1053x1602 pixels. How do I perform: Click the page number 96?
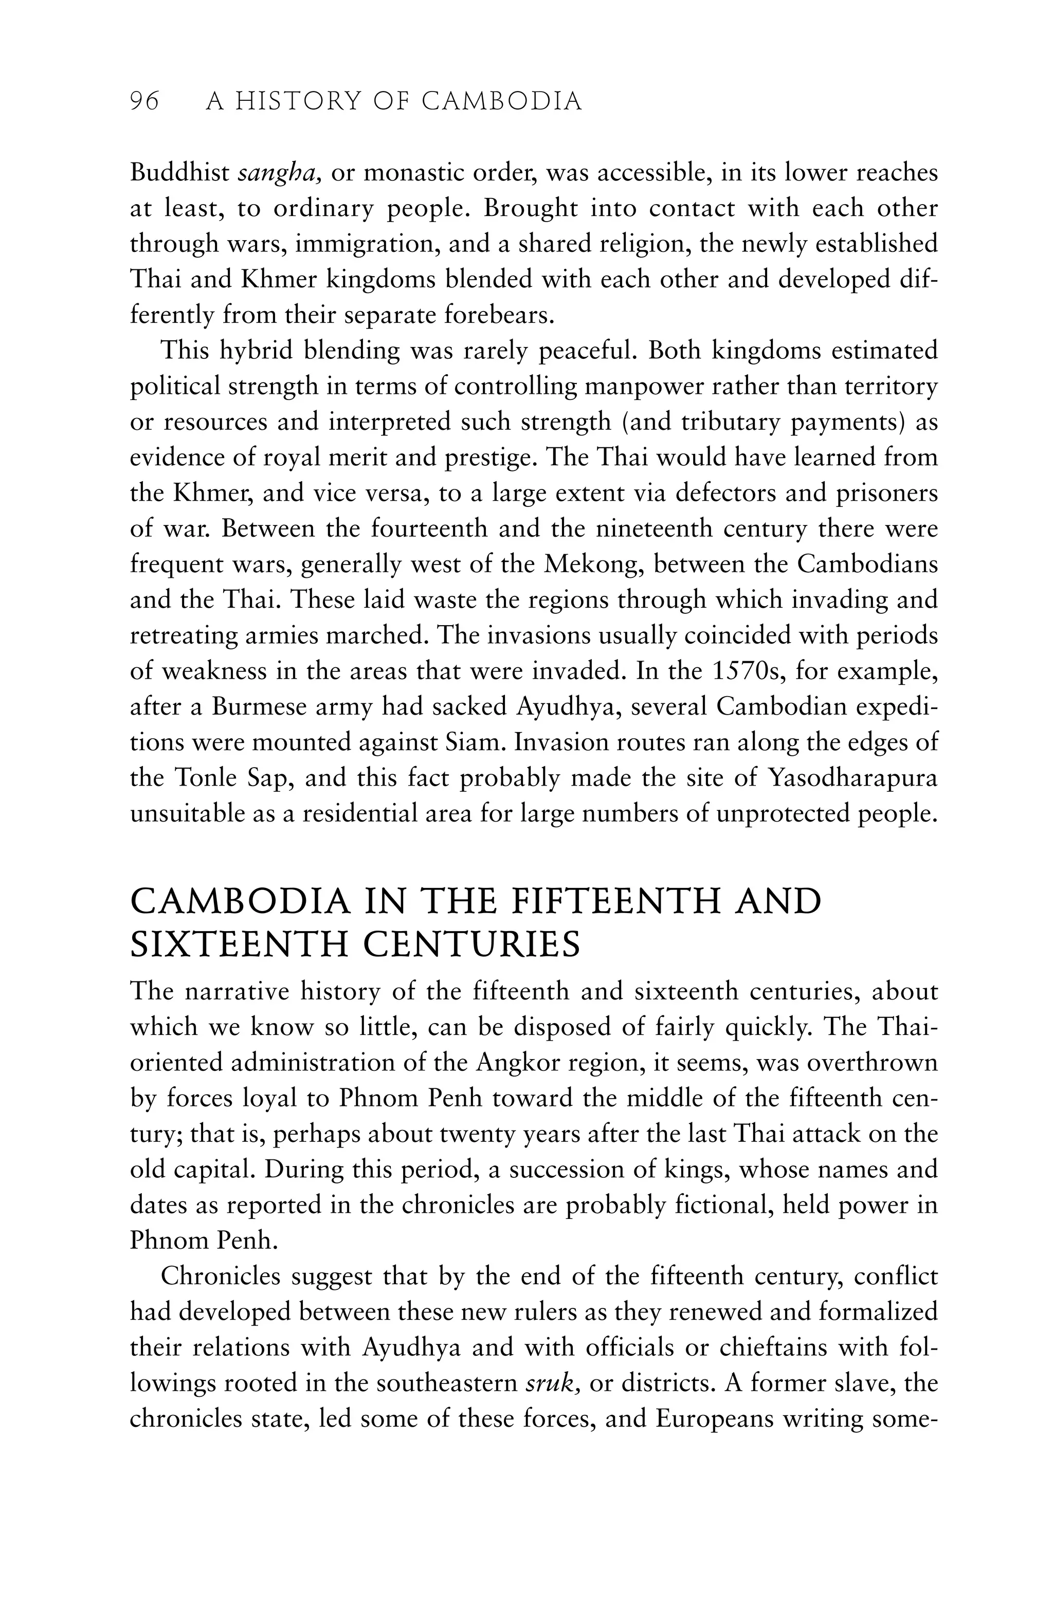pyautogui.click(x=144, y=102)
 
